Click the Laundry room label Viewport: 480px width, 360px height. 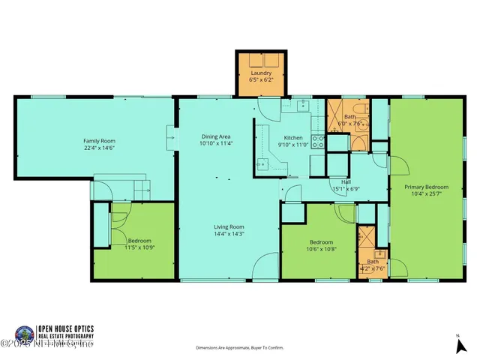(261, 73)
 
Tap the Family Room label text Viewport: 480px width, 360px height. (99, 140)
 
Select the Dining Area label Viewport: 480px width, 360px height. (215, 136)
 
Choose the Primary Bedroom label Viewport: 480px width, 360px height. (426, 187)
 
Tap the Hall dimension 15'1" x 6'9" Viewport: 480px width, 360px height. (346, 189)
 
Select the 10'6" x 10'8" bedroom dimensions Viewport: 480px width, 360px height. (321, 249)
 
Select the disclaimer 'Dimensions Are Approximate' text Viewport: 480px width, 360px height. (239, 348)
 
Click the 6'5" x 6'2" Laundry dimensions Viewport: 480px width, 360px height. (261, 79)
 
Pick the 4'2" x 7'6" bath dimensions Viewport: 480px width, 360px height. (373, 268)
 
